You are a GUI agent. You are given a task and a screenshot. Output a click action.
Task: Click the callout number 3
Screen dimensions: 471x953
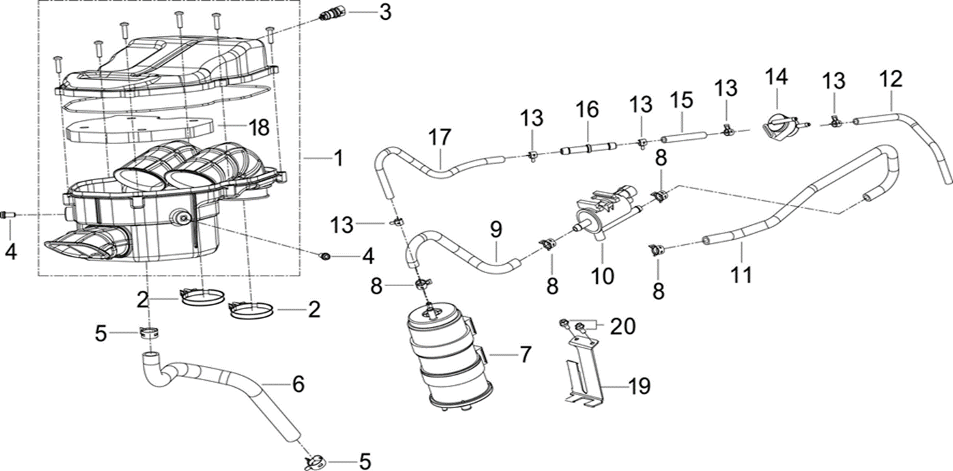(x=386, y=12)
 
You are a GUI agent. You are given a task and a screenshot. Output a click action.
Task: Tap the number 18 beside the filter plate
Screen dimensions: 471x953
(x=259, y=128)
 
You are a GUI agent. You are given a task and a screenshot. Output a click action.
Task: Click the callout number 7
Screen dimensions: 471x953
(x=525, y=355)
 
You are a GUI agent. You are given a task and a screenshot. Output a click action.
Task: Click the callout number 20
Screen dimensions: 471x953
(x=622, y=327)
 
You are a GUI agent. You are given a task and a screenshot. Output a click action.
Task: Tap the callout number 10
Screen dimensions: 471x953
(x=604, y=276)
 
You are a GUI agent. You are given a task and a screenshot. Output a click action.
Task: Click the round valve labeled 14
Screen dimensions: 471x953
(x=780, y=127)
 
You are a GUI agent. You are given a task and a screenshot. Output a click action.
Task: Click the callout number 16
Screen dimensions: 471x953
(x=587, y=109)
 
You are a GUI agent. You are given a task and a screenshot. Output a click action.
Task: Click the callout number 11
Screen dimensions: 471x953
(x=741, y=275)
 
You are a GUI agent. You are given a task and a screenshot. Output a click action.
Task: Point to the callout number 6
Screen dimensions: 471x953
(x=298, y=384)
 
